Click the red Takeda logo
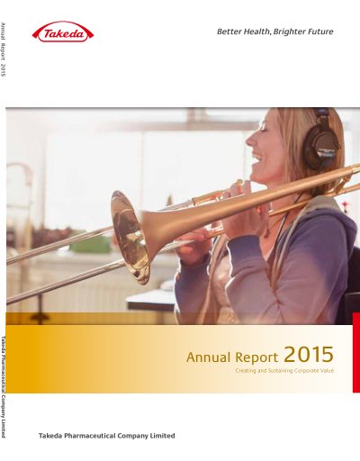(63, 32)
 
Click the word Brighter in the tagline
(289, 32)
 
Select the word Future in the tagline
(319, 32)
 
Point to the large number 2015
(309, 355)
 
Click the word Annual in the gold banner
(209, 357)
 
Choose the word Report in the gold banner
(256, 357)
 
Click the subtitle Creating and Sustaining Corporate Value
(284, 371)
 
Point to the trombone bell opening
(130, 237)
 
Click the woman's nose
(250, 140)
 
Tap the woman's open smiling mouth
(257, 158)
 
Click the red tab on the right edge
(356, 352)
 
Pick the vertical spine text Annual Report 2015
(4, 50)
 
